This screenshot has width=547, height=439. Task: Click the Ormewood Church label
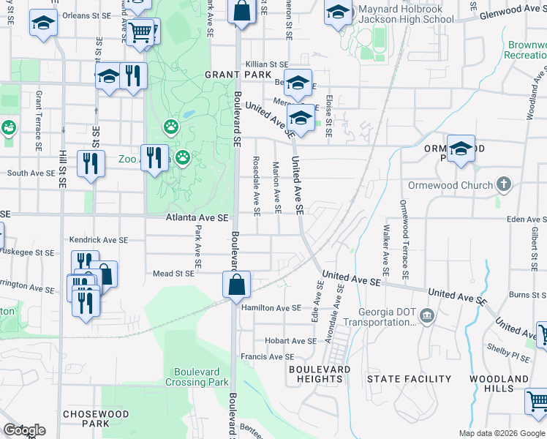(450, 185)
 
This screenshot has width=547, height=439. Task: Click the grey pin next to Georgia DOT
(428, 316)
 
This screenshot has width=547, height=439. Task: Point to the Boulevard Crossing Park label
(197, 377)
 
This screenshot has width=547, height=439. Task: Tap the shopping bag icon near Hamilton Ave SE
(237, 285)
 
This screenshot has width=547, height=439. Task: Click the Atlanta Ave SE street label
(197, 217)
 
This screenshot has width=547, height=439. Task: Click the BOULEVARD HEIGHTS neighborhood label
(320, 374)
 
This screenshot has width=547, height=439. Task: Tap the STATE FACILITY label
(409, 379)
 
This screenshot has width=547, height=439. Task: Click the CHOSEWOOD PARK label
(96, 419)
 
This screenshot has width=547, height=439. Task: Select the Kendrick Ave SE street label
(99, 240)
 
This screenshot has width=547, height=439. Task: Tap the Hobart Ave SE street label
(290, 341)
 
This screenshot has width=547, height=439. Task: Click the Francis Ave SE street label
(267, 357)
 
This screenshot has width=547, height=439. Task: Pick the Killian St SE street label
(267, 64)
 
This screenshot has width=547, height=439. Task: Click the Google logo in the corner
(24, 430)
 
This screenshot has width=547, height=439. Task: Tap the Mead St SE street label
(173, 274)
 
